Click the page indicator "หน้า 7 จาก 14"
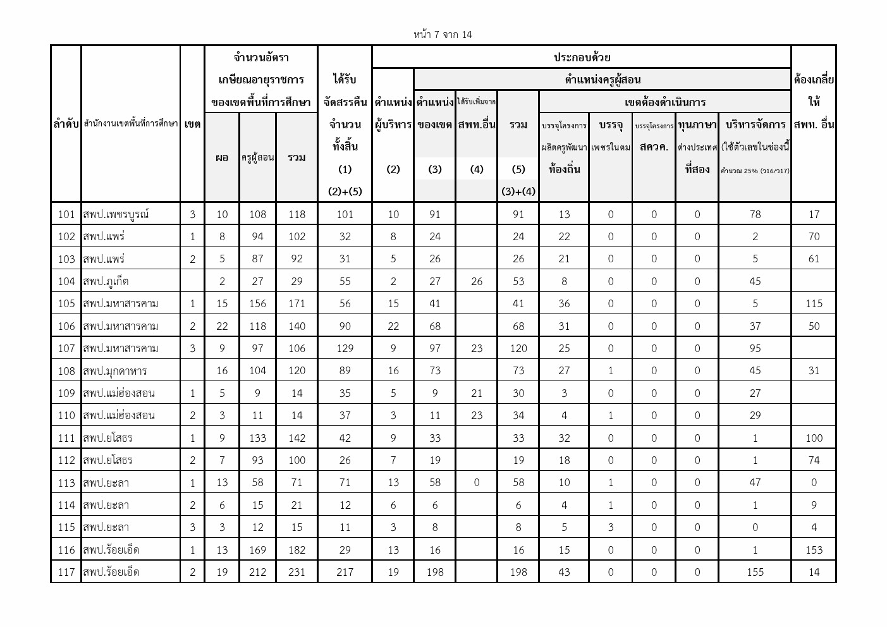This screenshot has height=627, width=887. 443,35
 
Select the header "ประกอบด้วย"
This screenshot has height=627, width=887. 582,58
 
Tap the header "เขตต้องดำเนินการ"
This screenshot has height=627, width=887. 664,102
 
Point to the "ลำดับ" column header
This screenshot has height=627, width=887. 66,125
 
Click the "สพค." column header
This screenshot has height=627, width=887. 654,147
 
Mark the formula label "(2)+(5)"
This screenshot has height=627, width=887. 345,192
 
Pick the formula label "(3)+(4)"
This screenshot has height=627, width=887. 518,192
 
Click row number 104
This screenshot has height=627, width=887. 66,281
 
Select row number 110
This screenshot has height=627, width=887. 66,415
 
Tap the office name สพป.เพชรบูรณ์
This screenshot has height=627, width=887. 116,214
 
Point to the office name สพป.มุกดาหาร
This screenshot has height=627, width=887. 114,370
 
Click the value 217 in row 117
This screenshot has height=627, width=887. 345,572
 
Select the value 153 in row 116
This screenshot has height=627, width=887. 814,550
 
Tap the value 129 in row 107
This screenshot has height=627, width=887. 345,348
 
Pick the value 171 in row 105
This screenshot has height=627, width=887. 297,303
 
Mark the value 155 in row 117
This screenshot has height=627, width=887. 755,572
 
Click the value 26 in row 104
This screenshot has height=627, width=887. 477,281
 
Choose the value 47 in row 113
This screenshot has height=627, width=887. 755,483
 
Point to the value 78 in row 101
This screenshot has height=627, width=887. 755,214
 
